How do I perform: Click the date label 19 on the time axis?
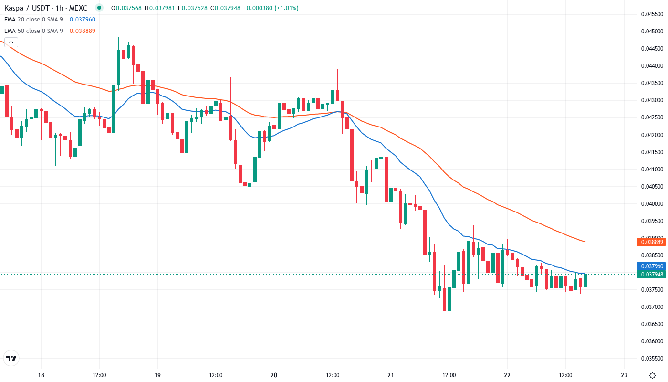click(158, 375)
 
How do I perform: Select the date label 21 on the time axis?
click(391, 375)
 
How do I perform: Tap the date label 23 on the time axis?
click(624, 375)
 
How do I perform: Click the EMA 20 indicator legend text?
click(33, 20)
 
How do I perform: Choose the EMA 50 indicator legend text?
click(33, 31)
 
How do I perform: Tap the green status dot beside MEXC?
click(99, 8)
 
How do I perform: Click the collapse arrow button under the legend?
click(11, 42)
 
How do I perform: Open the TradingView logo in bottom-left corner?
click(11, 358)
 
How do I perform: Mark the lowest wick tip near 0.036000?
click(449, 339)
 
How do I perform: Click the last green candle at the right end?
click(584, 280)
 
